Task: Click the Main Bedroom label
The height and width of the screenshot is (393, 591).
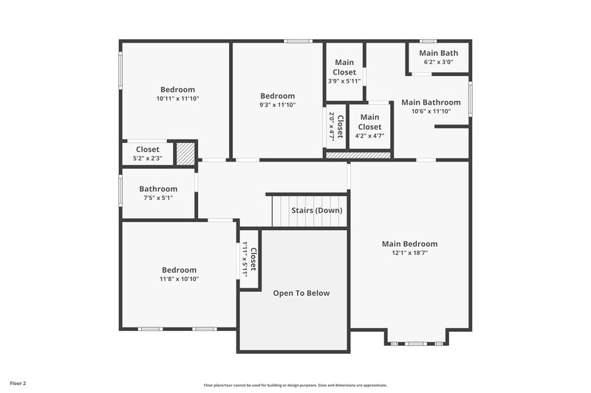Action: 409,244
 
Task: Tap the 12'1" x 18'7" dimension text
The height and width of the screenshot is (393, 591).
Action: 409,254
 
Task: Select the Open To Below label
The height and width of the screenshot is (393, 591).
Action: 301,293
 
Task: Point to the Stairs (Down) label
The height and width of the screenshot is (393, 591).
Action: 316,211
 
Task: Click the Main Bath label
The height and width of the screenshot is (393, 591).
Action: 439,53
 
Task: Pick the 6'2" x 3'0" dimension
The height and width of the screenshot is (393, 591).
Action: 438,63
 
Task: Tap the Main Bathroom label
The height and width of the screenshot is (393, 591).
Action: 431,102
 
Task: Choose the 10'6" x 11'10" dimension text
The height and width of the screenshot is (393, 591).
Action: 431,111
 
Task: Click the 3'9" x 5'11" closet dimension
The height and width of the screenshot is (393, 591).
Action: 344,81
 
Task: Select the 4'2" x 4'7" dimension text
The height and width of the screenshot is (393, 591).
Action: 369,136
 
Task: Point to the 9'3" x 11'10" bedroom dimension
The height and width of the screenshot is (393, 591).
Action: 277,105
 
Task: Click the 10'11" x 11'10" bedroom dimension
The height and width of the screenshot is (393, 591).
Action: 177,98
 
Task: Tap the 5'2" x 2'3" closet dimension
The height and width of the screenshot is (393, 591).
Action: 147,159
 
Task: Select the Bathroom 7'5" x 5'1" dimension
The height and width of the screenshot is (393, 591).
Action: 158,198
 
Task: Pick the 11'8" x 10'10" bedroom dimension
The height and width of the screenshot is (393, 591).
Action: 179,279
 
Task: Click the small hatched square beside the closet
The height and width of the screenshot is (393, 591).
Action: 185,153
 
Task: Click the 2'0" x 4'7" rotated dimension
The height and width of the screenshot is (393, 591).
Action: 332,126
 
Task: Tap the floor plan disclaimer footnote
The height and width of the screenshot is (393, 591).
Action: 295,385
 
